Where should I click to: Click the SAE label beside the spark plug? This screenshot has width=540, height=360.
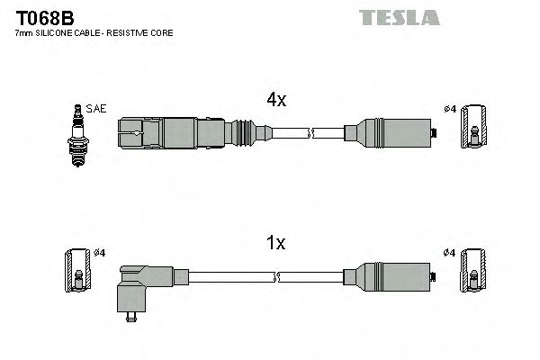[97, 109]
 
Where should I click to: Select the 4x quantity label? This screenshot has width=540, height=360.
[276, 101]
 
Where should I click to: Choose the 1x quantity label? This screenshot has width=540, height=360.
[276, 242]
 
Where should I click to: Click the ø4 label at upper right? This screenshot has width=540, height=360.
[450, 110]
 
